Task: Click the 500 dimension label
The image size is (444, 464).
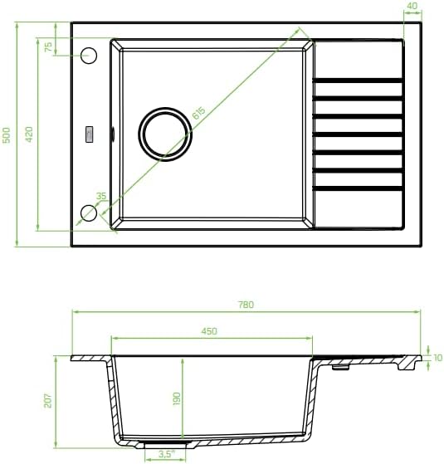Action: click(x=6, y=135)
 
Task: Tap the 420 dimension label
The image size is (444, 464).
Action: click(x=29, y=134)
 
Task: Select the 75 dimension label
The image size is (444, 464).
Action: click(x=48, y=47)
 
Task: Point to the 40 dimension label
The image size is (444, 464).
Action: click(x=412, y=6)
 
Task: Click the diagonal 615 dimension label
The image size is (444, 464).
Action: click(x=199, y=113)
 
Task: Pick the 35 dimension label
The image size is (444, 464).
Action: click(x=101, y=196)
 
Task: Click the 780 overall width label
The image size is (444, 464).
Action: click(x=246, y=305)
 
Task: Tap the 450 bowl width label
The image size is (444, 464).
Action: click(x=209, y=331)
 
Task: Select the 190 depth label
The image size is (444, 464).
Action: click(x=176, y=398)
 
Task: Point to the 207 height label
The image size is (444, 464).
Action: click(x=48, y=401)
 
